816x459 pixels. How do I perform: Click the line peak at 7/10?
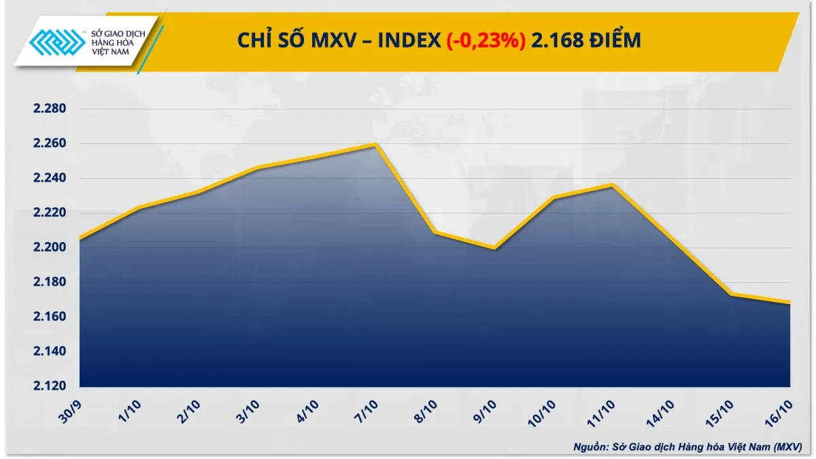point(375,144)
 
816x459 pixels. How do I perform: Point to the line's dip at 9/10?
point(494,248)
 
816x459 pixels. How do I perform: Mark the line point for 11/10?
point(612,184)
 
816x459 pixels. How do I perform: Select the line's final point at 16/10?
point(789,303)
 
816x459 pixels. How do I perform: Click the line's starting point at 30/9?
point(80,239)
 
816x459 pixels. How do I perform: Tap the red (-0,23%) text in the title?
point(485,41)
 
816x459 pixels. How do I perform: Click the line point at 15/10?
point(730,294)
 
